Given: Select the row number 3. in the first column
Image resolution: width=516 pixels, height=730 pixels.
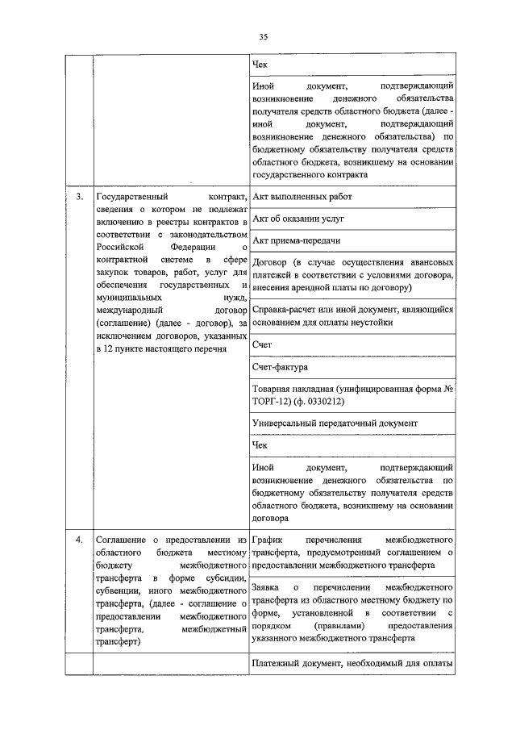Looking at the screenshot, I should pos(79,196).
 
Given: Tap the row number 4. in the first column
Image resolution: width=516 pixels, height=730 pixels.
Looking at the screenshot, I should pos(79,539).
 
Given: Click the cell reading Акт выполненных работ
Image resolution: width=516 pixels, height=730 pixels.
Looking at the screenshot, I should pos(302,196).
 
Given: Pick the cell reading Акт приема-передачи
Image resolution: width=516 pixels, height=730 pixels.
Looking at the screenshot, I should pos(296,240).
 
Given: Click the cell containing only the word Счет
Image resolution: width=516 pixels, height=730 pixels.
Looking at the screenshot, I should pos(262,344).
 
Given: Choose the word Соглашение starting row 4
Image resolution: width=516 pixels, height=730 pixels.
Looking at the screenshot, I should pos(123,539).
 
